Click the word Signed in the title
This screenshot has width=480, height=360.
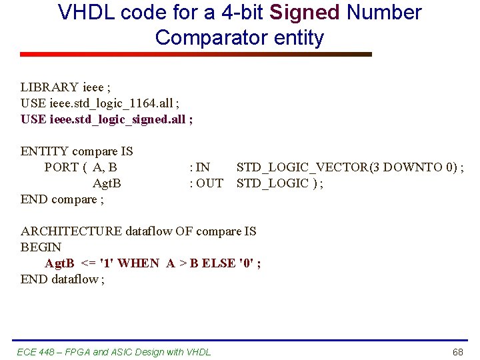[306, 12]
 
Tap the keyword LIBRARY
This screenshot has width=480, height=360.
[49, 87]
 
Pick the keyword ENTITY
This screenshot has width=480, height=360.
[45, 151]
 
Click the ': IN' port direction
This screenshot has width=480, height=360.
[200, 167]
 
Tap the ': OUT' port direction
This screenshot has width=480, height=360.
[206, 183]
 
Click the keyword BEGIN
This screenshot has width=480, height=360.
[41, 247]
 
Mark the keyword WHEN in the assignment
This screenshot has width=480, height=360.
[139, 263]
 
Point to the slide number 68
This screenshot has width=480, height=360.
[457, 351]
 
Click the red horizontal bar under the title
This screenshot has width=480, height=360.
[195, 55]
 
